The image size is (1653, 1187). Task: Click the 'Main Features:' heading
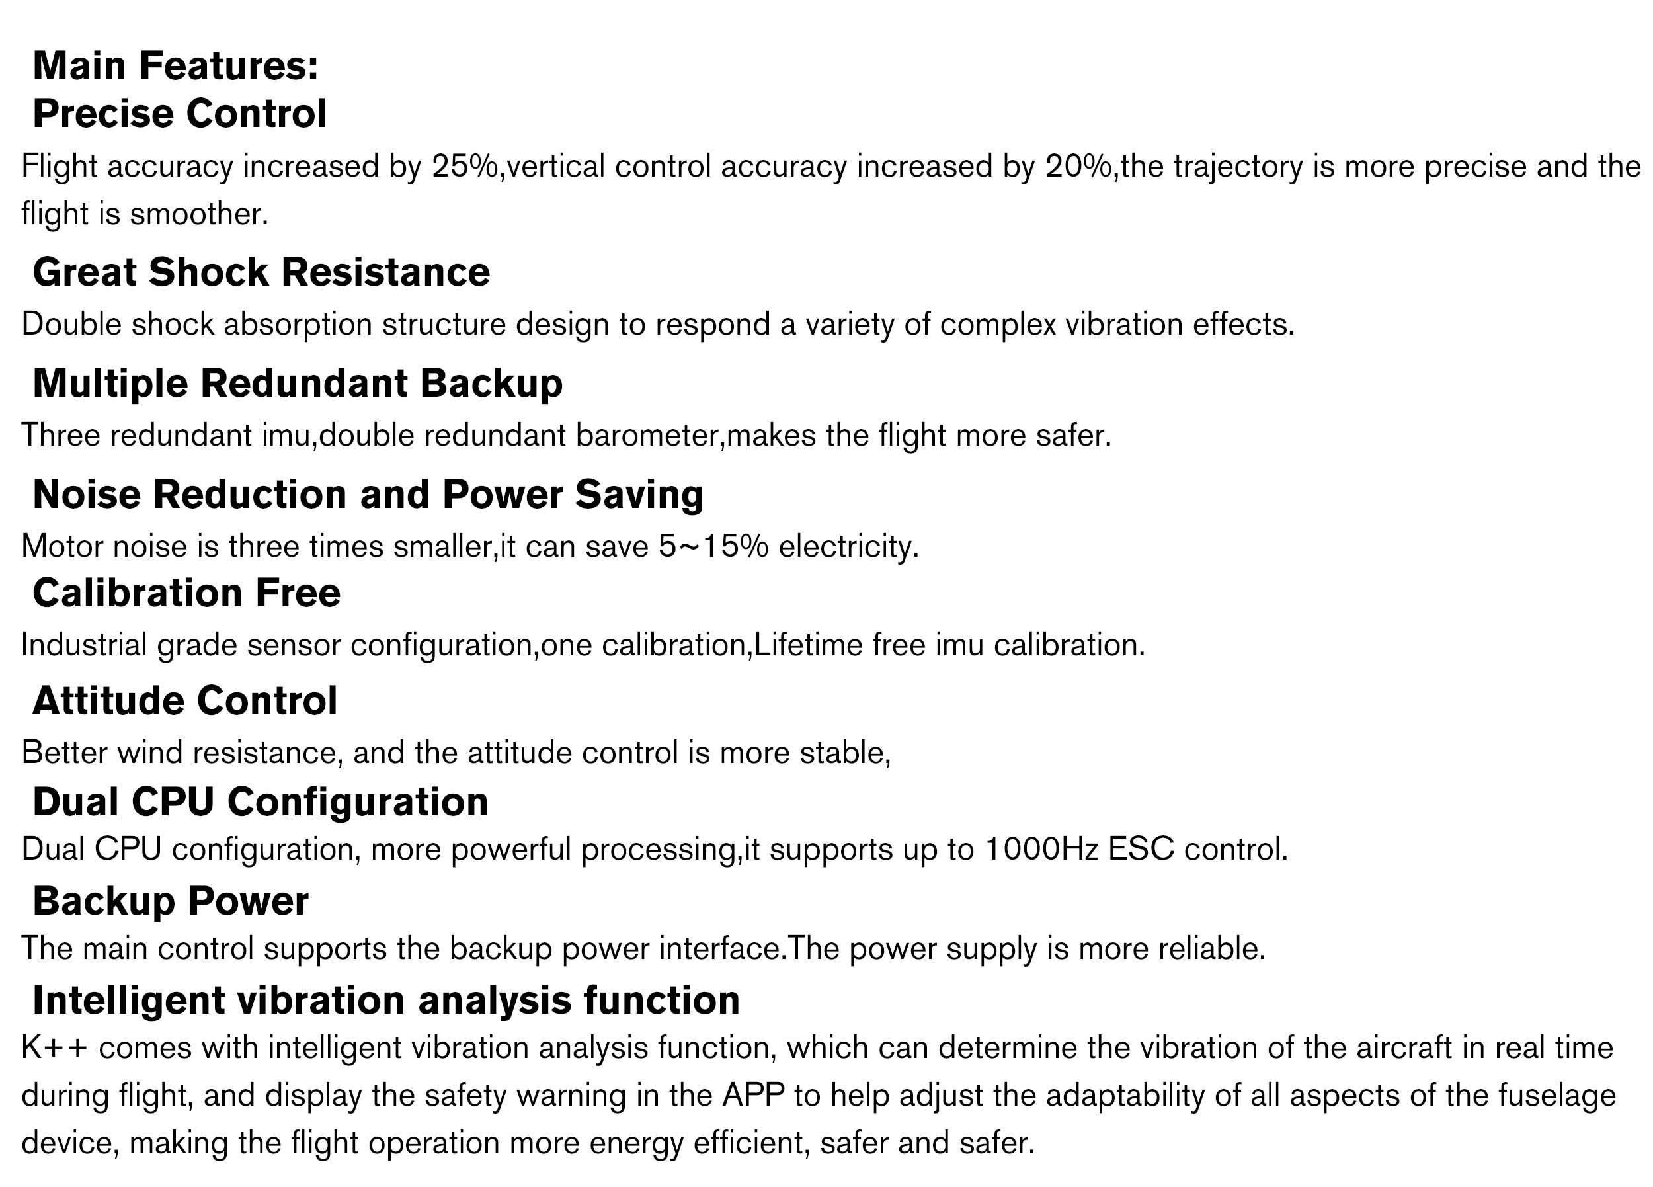pyautogui.click(x=176, y=65)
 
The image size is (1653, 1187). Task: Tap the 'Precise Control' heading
pyautogui.click(x=179, y=114)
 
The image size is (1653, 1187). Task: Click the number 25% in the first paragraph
pyautogui.click(x=464, y=166)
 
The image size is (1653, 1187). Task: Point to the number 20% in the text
pyautogui.click(x=1078, y=166)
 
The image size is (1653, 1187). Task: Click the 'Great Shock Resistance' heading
pyautogui.click(x=261, y=272)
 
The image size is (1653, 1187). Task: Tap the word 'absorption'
pyautogui.click(x=298, y=325)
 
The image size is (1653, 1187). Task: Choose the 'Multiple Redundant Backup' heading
pyautogui.click(x=298, y=384)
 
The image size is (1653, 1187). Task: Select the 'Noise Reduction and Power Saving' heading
pyautogui.click(x=368, y=495)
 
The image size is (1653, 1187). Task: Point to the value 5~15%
pyautogui.click(x=713, y=547)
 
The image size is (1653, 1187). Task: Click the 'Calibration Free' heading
pyautogui.click(x=186, y=593)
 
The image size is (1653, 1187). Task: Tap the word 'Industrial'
pyautogui.click(x=84, y=645)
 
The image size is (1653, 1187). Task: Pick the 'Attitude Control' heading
pyautogui.click(x=185, y=701)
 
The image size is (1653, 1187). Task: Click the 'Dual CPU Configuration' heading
pyautogui.click(x=261, y=802)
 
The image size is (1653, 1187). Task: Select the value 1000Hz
pyautogui.click(x=1041, y=850)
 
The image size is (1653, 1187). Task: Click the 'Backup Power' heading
pyautogui.click(x=171, y=901)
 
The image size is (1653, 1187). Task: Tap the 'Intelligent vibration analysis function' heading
pyautogui.click(x=386, y=1001)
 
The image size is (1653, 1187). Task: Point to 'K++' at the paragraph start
pyautogui.click(x=55, y=1049)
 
